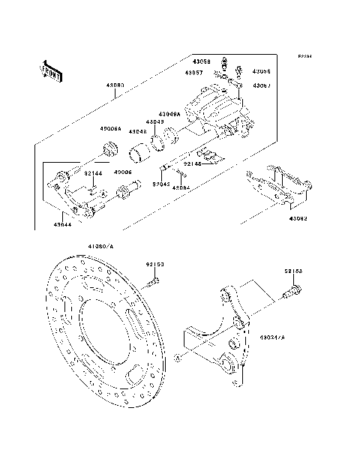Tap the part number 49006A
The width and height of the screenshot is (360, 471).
coord(111,128)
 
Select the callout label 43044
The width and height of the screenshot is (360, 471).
coord(63,223)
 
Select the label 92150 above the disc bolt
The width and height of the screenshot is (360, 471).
coord(154,264)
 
